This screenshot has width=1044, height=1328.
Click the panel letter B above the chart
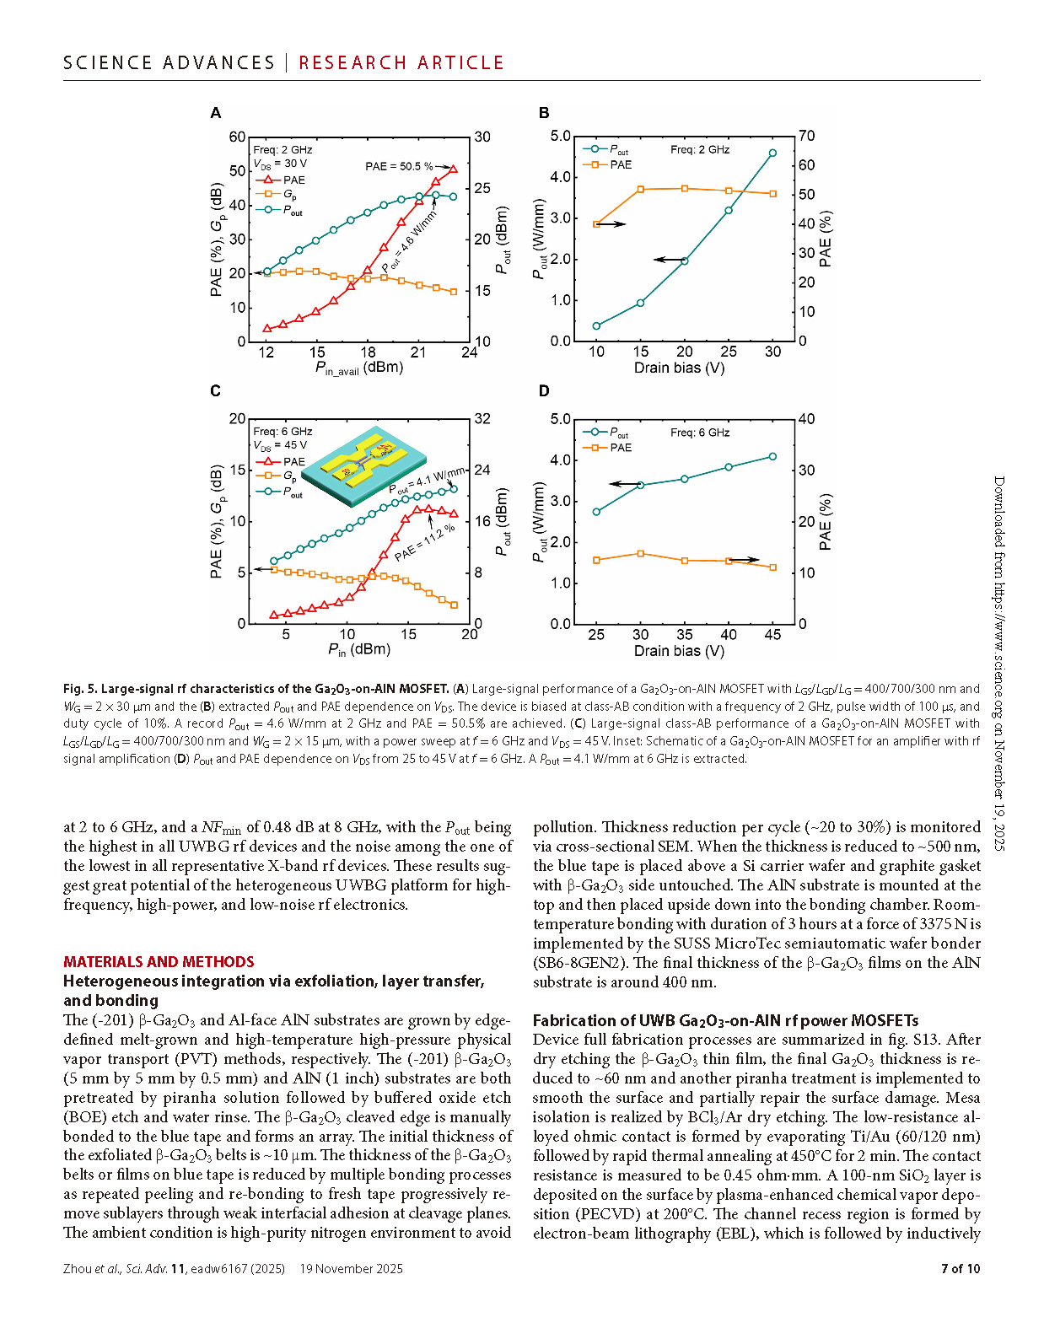click(544, 113)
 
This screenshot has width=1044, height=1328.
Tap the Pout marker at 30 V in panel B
click(772, 153)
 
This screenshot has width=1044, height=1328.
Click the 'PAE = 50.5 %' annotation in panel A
click(399, 166)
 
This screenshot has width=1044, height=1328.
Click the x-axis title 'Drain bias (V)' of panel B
click(679, 368)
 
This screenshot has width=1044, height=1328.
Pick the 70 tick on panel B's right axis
click(807, 136)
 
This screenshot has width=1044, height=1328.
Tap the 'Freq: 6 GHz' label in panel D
click(700, 433)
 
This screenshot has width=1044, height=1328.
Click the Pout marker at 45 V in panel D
click(772, 457)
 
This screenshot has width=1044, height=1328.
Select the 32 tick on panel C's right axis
click(482, 419)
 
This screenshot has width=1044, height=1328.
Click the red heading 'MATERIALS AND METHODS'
click(159, 962)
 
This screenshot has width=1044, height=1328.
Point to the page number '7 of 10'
click(961, 1269)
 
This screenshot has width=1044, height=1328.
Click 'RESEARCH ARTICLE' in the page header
click(401, 63)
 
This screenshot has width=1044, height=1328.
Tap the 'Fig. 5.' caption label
click(80, 689)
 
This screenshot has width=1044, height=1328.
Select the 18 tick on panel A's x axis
click(369, 352)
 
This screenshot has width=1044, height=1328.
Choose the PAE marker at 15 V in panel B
click(641, 190)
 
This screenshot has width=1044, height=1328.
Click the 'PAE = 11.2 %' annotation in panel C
click(425, 543)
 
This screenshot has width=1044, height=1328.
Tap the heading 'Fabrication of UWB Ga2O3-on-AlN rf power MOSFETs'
click(725, 1020)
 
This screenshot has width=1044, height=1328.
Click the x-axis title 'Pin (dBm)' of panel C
click(359, 650)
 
